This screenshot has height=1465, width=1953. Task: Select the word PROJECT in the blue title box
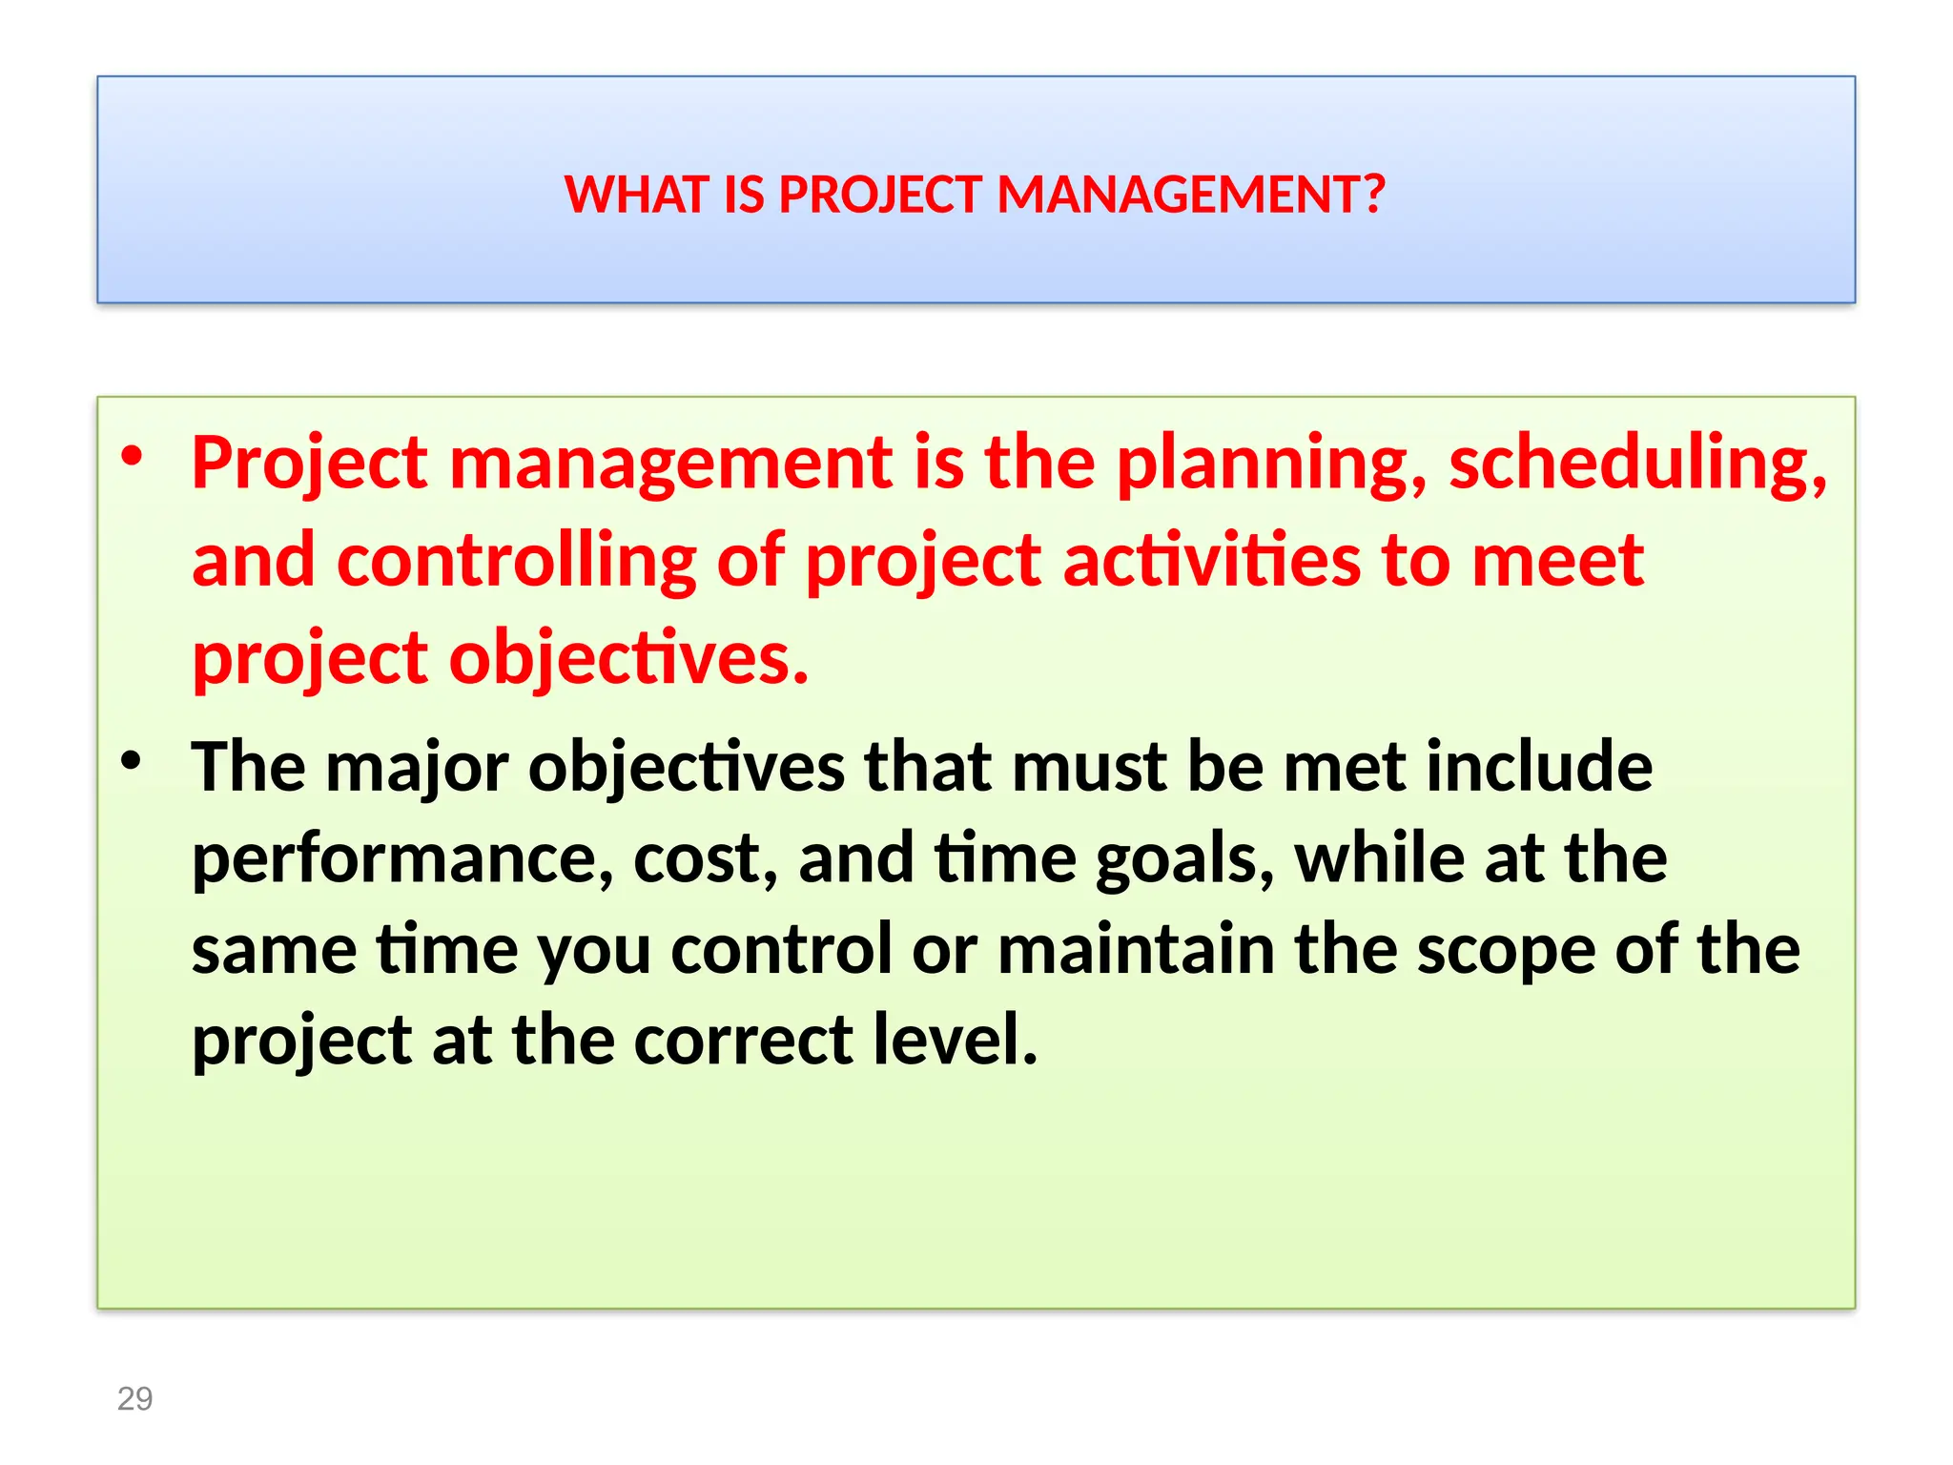pyautogui.click(x=880, y=195)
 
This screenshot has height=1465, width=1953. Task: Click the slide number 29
pyautogui.click(x=134, y=1398)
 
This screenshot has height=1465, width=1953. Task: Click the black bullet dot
pyautogui.click(x=132, y=760)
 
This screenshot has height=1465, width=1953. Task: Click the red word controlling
pyautogui.click(x=516, y=562)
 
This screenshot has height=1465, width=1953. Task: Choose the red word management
pyautogui.click(x=671, y=464)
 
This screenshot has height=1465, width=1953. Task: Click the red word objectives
pyautogui.click(x=628, y=659)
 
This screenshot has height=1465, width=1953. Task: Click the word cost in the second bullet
pyautogui.click(x=705, y=858)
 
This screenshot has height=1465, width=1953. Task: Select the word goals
pyautogui.click(x=1183, y=860)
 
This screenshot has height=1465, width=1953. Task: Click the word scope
pyautogui.click(x=1505, y=952)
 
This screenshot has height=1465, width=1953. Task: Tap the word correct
pyautogui.click(x=744, y=1040)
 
